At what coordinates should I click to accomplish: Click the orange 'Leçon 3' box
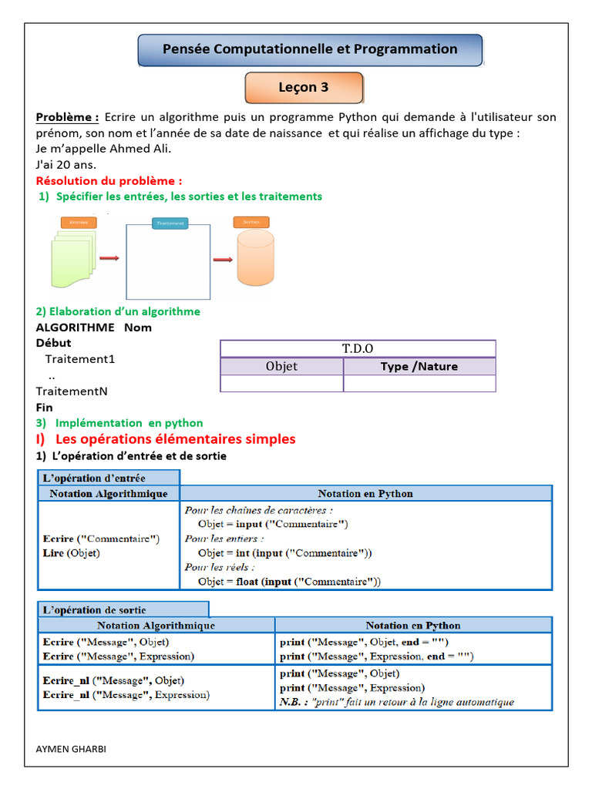coord(304,88)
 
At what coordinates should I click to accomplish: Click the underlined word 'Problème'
coord(66,117)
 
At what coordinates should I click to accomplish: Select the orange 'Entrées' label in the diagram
coord(78,222)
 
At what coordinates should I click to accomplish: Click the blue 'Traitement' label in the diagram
coord(169,223)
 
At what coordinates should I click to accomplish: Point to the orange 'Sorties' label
coord(251,222)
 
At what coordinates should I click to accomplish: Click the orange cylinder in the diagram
coord(255,257)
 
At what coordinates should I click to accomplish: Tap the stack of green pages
coord(74,258)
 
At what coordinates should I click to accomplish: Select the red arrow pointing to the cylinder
coord(223,260)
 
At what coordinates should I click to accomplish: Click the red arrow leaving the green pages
coord(109,259)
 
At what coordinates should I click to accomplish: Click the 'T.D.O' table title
coord(358,349)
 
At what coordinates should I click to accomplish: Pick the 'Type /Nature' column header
coord(419,367)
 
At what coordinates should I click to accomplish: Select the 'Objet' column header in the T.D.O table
coord(281,367)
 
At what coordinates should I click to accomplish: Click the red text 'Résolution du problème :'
coord(109,180)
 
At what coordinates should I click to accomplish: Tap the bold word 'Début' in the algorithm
coord(53,343)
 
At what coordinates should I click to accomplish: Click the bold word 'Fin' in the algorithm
coord(45,407)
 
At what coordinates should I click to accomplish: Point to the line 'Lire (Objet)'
coord(72,552)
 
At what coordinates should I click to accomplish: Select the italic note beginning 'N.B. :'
coord(396,702)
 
